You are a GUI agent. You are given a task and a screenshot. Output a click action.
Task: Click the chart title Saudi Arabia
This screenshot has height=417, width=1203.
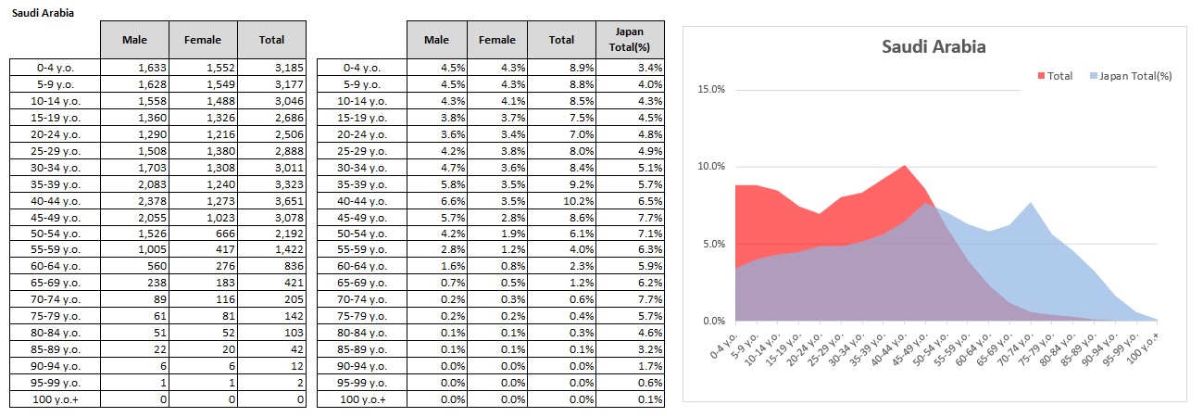coord(933,46)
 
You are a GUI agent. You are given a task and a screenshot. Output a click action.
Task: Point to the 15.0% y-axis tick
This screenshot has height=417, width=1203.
coord(712,90)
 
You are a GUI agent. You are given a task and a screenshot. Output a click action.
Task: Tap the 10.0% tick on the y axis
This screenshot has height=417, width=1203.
coord(712,167)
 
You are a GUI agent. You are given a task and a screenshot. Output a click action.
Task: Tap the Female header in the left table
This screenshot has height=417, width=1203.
coord(204,39)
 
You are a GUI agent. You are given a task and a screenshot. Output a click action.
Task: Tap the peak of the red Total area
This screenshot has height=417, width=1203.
coord(905,166)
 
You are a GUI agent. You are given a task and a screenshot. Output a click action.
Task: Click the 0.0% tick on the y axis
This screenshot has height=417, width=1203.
coord(714,322)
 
